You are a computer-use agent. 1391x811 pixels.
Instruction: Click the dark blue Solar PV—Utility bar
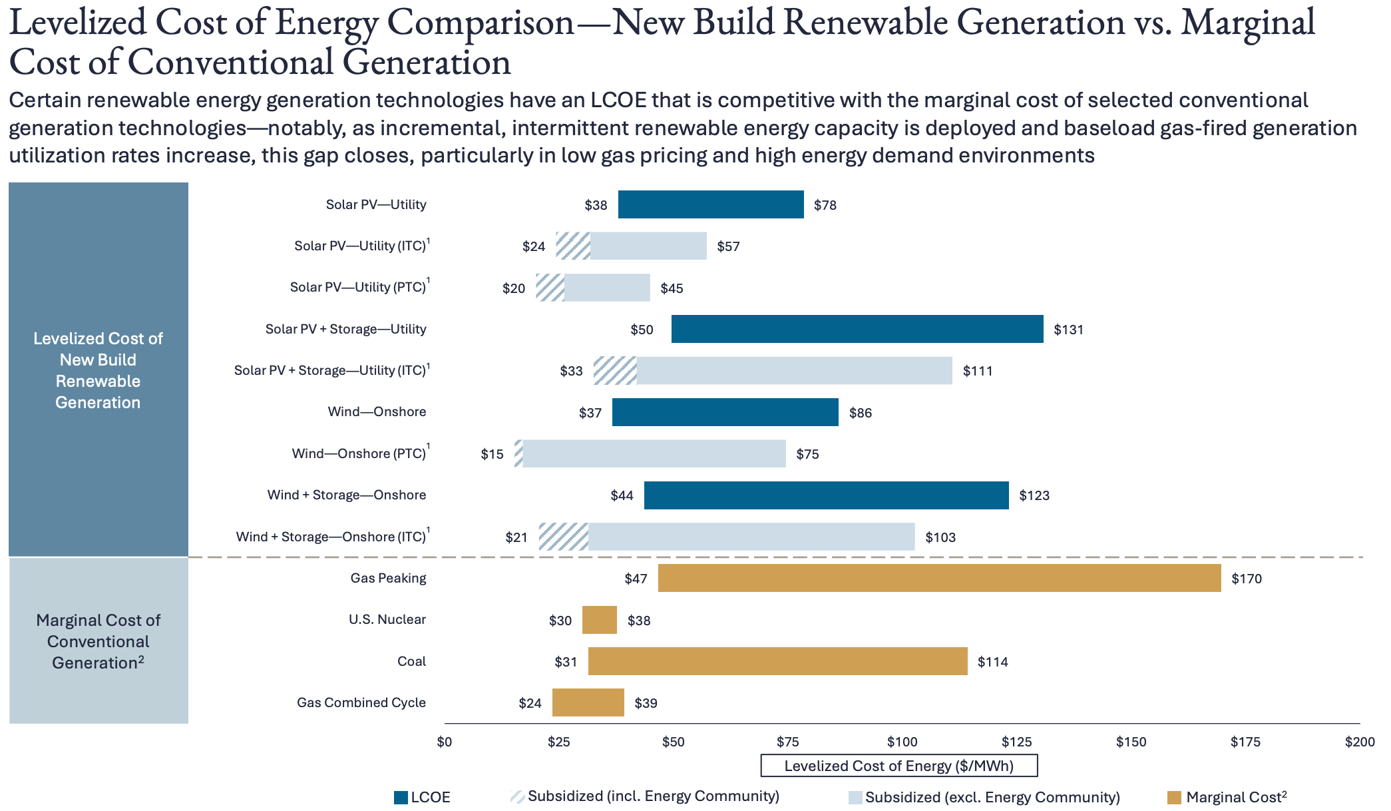click(x=711, y=204)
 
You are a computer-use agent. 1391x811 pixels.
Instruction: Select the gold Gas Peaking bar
click(x=939, y=578)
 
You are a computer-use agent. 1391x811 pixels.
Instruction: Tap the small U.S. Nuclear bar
click(x=599, y=620)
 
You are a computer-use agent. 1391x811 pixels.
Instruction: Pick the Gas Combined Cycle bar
click(x=588, y=702)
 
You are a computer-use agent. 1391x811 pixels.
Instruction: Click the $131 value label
click(x=1068, y=330)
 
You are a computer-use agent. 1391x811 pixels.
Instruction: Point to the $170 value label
click(x=1246, y=579)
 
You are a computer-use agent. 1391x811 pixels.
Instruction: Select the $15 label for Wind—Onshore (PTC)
click(x=492, y=454)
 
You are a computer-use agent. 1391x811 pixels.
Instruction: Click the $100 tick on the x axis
click(x=902, y=742)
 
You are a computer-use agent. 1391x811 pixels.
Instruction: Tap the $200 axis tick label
click(x=1359, y=742)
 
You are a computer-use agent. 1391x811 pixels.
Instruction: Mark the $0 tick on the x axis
click(x=445, y=742)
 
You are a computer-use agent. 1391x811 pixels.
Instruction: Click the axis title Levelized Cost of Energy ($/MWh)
click(x=898, y=766)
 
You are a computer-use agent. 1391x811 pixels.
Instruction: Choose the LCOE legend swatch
click(x=401, y=798)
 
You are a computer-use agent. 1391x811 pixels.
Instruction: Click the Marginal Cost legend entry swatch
click(x=1174, y=798)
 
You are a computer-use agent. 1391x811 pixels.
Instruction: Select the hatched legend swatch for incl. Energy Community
click(x=517, y=797)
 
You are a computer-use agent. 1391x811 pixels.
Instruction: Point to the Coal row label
click(x=411, y=661)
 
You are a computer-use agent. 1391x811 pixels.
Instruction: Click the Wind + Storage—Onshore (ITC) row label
click(x=331, y=537)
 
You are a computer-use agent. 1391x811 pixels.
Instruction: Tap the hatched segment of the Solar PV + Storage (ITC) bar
click(x=615, y=371)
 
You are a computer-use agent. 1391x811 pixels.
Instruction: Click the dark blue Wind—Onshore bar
click(x=725, y=412)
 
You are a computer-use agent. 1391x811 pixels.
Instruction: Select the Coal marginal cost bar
click(x=777, y=661)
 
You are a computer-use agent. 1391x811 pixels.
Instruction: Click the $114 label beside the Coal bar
click(x=992, y=662)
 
